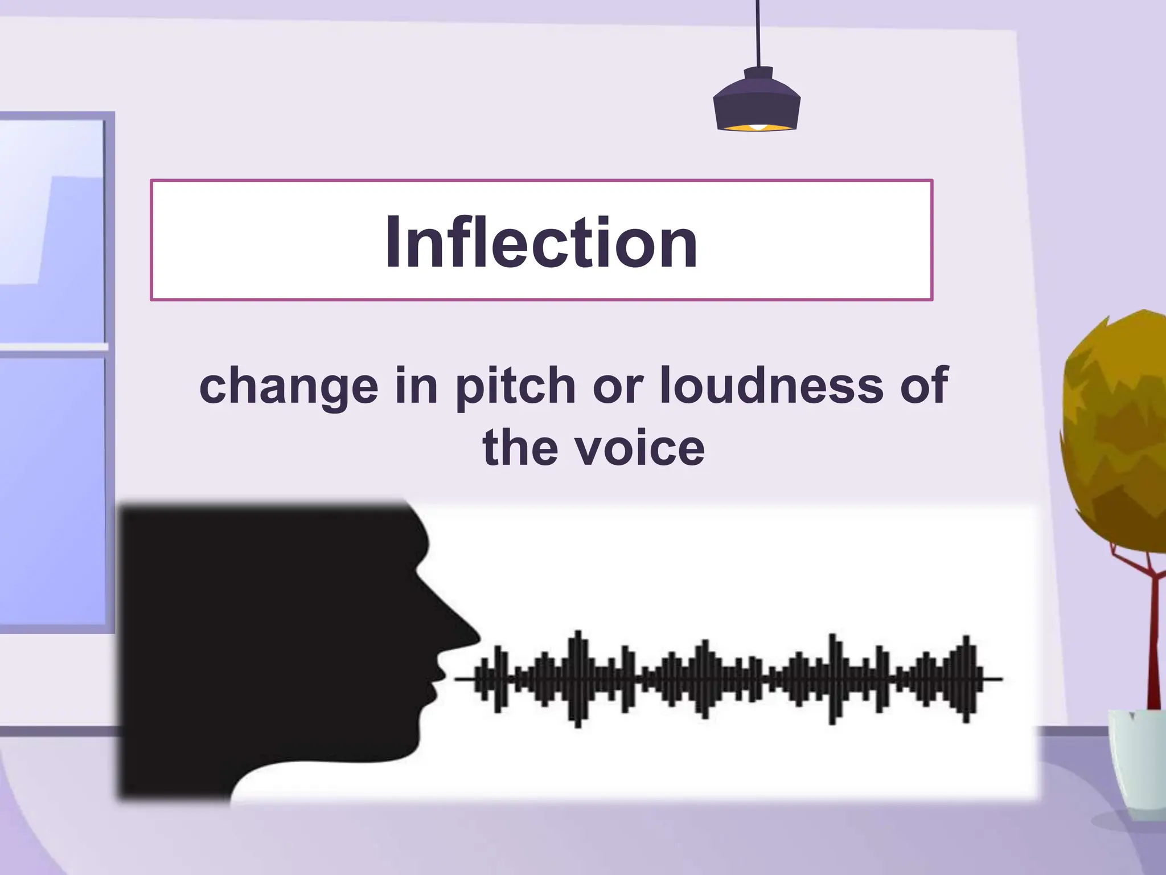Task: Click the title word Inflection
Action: pyautogui.click(x=541, y=242)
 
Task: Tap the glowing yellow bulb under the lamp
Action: pyautogui.click(x=757, y=126)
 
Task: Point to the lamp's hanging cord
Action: pyautogui.click(x=757, y=34)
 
